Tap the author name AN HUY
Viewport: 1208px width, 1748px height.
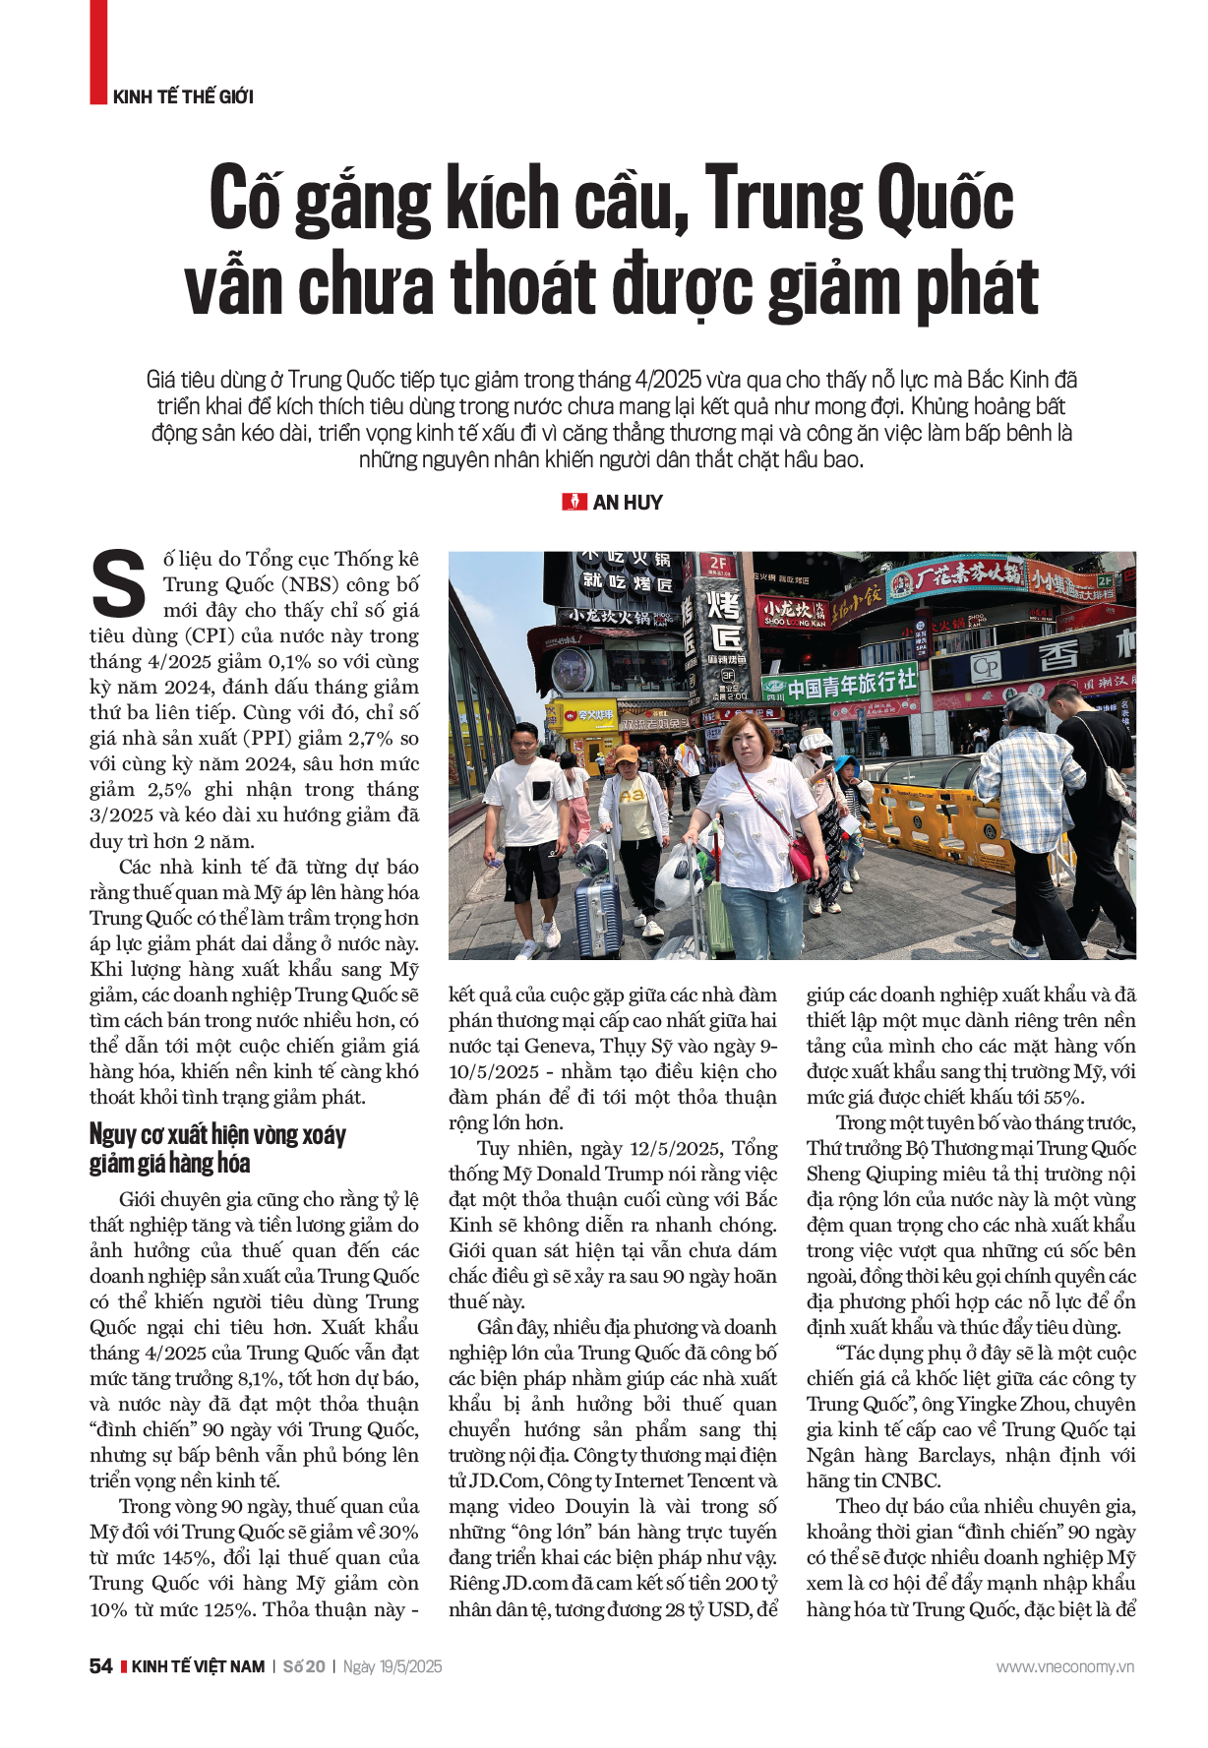pos(628,503)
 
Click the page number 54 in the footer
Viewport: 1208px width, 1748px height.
pos(100,1666)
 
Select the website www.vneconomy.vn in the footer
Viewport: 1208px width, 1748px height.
pos(1064,1666)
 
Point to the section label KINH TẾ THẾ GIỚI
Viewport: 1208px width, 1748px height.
pos(183,96)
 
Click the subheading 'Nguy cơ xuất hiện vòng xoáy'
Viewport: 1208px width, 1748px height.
pos(217,1134)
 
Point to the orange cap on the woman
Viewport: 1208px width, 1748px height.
pos(626,754)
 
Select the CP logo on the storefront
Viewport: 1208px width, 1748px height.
pos(986,668)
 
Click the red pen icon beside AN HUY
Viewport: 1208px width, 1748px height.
pos(574,503)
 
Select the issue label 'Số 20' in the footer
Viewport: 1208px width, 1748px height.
pos(304,1666)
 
